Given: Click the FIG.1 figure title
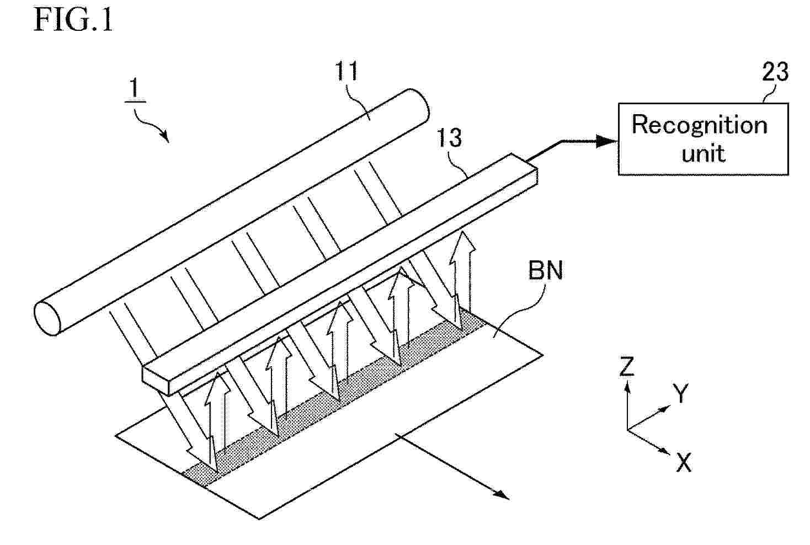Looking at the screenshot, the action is (73, 20).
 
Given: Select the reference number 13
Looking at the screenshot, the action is (450, 138).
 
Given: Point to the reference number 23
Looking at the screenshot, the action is (775, 72).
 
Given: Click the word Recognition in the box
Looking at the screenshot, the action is (699, 126).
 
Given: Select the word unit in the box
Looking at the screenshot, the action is (704, 153).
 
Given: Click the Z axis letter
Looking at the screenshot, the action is (627, 366).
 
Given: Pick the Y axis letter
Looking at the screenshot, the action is (680, 393).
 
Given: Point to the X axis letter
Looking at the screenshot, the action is (684, 462).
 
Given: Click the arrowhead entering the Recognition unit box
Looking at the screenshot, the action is (607, 141).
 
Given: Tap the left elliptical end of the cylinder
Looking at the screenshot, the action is (47, 319).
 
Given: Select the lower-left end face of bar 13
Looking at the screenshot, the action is (156, 381).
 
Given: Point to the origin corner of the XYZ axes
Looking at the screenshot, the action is (627, 430).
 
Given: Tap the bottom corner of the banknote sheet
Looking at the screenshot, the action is (259, 519).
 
